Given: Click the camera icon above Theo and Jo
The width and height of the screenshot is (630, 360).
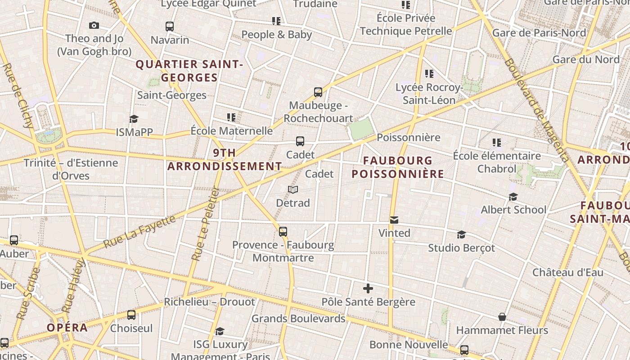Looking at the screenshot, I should [94, 26].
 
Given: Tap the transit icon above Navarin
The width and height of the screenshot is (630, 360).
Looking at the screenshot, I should [170, 27].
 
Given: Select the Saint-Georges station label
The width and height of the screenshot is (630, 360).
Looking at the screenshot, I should [172, 95].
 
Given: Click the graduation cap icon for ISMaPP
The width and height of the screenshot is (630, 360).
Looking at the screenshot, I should [134, 119].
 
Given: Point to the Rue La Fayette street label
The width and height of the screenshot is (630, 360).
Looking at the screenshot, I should [140, 231].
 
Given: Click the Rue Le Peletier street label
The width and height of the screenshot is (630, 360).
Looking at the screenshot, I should [205, 224].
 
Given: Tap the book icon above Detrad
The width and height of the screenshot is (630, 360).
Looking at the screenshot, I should [293, 190].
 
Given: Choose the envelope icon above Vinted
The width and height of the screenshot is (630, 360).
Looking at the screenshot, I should [394, 220].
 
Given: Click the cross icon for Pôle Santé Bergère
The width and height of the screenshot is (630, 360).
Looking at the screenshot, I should [368, 288].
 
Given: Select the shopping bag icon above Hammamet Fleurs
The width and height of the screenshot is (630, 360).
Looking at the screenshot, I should [502, 317].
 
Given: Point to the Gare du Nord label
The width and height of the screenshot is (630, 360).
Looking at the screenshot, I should [586, 59].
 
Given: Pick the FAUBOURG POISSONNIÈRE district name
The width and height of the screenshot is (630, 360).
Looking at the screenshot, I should [398, 167].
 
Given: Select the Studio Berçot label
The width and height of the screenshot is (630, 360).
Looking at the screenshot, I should [461, 248].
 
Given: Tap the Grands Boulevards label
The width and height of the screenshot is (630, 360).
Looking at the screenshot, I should [298, 319].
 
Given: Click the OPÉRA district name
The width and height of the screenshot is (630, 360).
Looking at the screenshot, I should [67, 328].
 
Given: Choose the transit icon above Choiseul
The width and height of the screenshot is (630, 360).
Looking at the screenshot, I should [131, 315].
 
